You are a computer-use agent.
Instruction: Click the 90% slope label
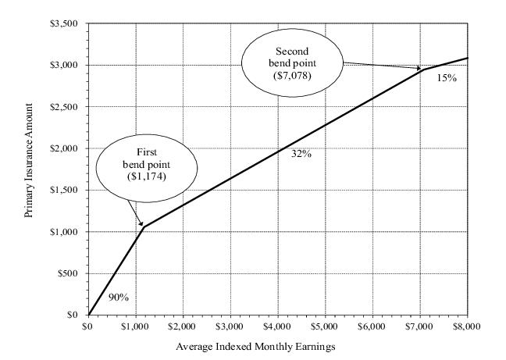point(118,298)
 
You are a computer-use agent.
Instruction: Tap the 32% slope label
point(301,155)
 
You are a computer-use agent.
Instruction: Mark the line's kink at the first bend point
point(144,227)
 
